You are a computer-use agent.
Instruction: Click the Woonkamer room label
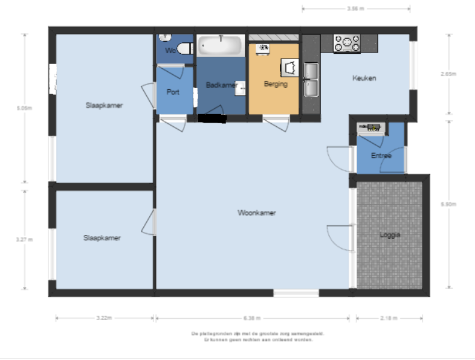tap(256, 213)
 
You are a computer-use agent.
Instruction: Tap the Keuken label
tap(364, 78)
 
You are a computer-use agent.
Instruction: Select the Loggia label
tap(390, 235)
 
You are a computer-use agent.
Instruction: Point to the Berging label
tap(276, 85)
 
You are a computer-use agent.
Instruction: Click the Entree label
tap(381, 156)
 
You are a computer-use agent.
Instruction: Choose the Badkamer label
tap(221, 85)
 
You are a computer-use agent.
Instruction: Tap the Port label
tap(173, 92)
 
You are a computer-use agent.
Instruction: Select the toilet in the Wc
tap(183, 47)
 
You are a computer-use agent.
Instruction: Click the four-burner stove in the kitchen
tap(347, 43)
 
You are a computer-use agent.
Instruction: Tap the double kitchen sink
tap(312, 80)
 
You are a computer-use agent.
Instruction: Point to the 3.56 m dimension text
tap(357, 9)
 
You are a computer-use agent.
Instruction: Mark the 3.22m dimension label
tap(104, 318)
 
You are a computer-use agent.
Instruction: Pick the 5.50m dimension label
tap(448, 204)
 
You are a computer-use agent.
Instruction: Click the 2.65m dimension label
tap(448, 74)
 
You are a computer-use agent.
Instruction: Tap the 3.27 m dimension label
tap(24, 239)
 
